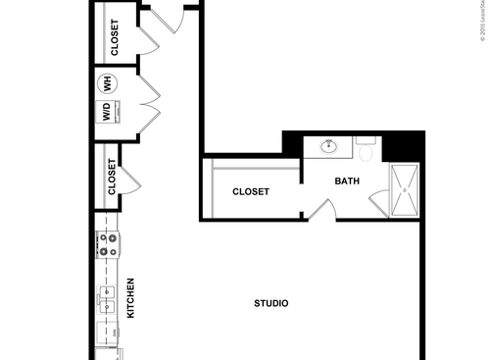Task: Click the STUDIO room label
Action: (270, 304)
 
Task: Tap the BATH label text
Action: (347, 180)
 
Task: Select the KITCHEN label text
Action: (131, 298)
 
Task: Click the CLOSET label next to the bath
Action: (251, 192)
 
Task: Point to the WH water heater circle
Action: (109, 84)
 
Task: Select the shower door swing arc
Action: (380, 201)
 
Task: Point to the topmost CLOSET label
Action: (115, 38)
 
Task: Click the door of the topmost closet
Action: (146, 39)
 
